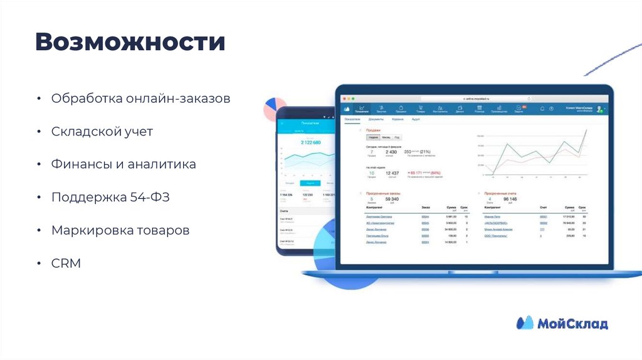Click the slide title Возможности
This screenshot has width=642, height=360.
[x=130, y=43]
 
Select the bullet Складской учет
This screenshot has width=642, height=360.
[x=102, y=131]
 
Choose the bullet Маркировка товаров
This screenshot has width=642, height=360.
[x=120, y=230]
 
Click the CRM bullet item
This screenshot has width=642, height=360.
[x=66, y=263]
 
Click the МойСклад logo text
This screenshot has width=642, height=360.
[x=572, y=324]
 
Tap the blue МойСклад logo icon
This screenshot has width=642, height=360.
[x=525, y=323]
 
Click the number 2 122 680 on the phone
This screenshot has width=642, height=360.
[x=310, y=142]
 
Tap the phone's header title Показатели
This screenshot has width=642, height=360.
[x=310, y=124]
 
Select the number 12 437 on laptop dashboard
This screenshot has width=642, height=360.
[x=392, y=173]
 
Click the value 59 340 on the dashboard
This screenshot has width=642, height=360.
[x=392, y=199]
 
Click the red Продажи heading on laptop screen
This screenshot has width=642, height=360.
[x=374, y=130]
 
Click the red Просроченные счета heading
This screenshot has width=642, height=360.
[x=500, y=193]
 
